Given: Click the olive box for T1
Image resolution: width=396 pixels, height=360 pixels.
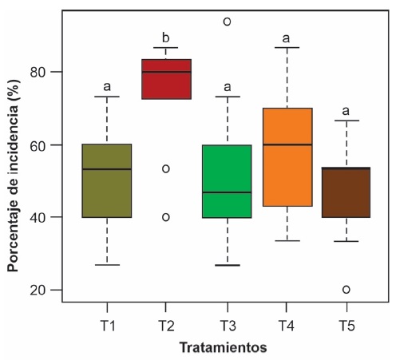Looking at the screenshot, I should point(106,180).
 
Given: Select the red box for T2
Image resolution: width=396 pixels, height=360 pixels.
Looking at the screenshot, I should point(166,79).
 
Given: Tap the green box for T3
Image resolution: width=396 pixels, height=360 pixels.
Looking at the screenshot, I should point(227,181).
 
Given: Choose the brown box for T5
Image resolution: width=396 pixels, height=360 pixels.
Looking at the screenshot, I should point(346,192).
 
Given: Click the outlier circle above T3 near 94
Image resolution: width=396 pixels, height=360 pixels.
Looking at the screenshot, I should point(227,22).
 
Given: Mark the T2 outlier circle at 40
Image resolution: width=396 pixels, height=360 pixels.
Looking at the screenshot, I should point(166,217).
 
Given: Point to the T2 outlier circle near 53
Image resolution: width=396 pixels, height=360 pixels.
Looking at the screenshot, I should point(166,168).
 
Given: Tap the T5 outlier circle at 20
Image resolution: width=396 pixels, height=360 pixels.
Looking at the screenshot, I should point(346,289).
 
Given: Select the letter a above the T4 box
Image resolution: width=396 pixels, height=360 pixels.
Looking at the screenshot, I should point(287,38).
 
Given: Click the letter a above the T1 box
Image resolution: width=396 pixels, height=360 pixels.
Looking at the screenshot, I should point(106,86).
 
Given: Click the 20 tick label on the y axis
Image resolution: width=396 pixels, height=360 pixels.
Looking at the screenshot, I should point(44,290).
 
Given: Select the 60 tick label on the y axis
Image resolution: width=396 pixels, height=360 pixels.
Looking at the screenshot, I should point(44,144).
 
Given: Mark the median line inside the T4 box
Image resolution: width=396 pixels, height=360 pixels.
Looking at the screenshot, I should point(287,144).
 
